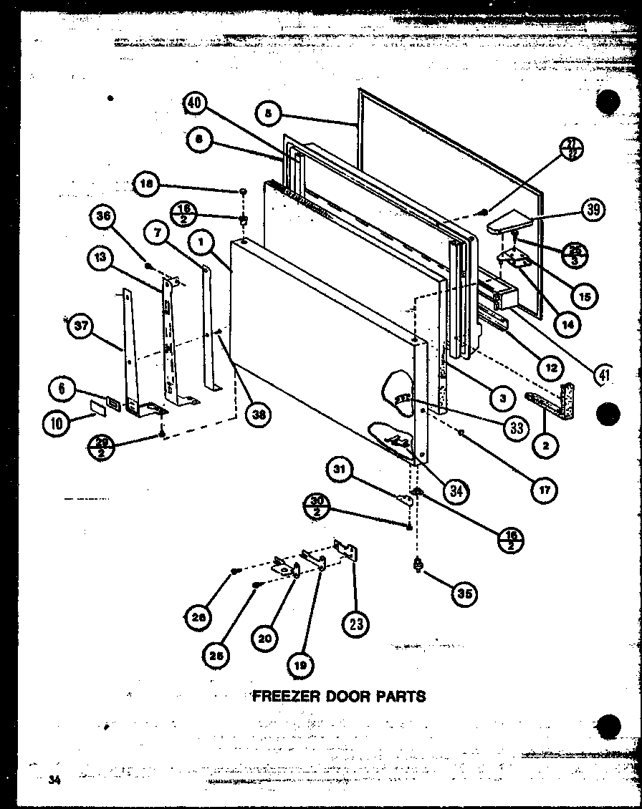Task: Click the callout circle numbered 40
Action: [x=193, y=104]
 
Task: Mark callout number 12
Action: [x=550, y=368]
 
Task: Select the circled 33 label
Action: [x=515, y=427]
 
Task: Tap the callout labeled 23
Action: [x=356, y=624]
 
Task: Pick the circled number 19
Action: [x=300, y=665]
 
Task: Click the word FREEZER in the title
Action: [x=279, y=695]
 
